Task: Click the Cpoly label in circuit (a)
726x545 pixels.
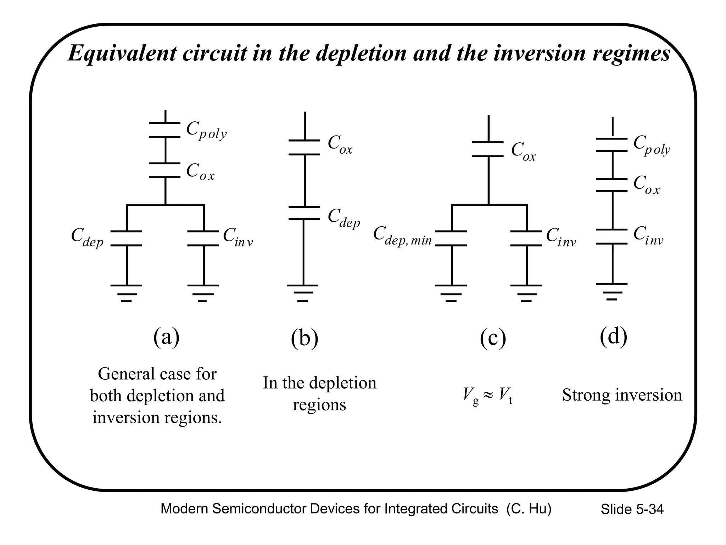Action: [206, 131]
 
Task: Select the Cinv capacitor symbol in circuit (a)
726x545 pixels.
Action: [203, 238]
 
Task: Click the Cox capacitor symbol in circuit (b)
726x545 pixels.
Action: [304, 148]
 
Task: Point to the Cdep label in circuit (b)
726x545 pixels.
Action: [344, 218]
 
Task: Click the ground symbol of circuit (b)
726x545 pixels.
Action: [303, 293]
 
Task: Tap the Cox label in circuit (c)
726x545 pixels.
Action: [523, 152]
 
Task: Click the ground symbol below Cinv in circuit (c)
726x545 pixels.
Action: [526, 293]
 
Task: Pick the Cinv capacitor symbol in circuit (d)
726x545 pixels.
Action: [612, 237]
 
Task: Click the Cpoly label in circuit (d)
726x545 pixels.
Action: [652, 145]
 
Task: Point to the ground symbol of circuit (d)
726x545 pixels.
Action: [612, 292]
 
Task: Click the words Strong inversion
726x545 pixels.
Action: [622, 395]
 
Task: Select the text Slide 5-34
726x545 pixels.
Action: [632, 509]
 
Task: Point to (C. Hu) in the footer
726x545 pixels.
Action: [529, 509]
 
